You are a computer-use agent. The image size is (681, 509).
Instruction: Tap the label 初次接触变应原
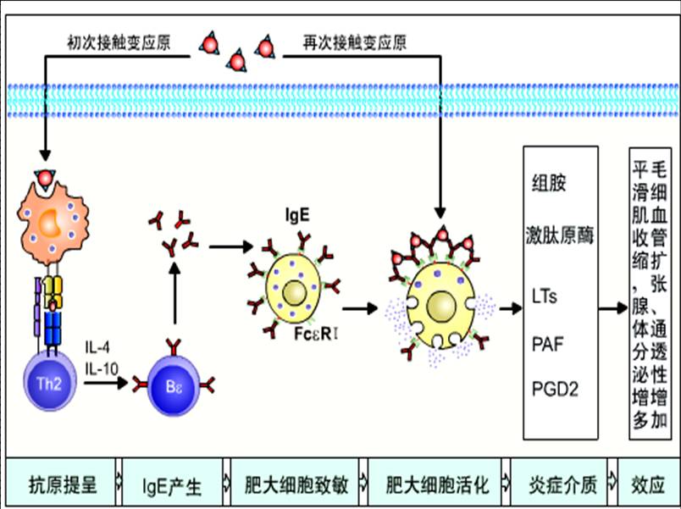119,41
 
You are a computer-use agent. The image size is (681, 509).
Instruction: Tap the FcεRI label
317,334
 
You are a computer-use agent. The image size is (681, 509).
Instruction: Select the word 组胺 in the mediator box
548,184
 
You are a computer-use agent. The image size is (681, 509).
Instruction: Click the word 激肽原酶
562,235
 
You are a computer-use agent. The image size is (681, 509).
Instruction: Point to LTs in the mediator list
545,296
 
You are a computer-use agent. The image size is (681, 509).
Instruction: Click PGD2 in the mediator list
554,389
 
